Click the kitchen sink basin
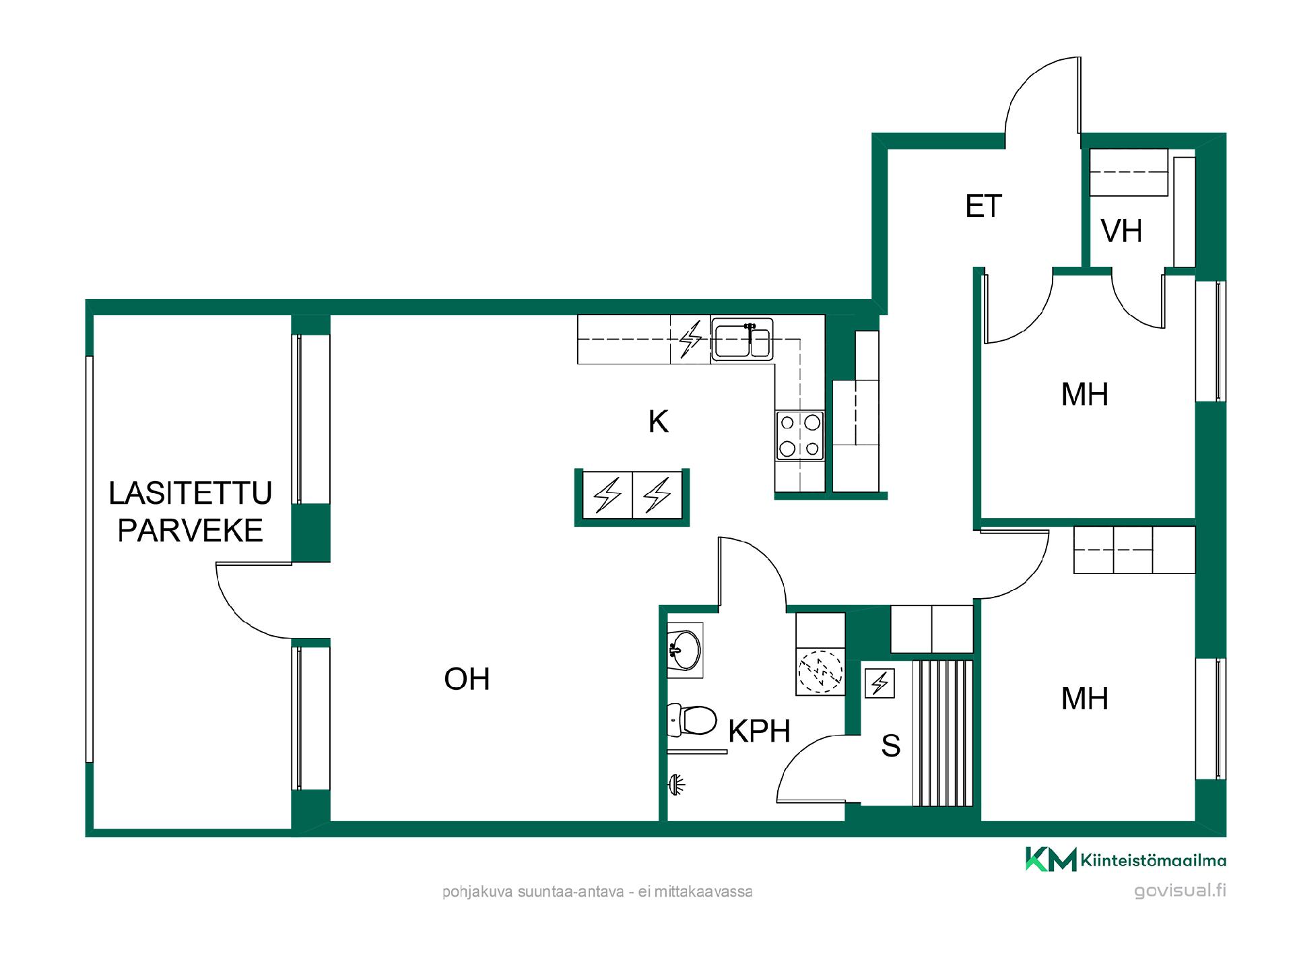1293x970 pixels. click(742, 339)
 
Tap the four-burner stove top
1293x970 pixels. click(800, 436)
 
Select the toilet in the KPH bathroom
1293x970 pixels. click(692, 720)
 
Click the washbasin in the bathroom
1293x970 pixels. click(684, 650)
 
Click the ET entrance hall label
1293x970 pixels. click(983, 206)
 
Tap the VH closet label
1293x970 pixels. click(1121, 231)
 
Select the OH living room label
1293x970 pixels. click(467, 679)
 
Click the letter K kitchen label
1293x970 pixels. click(658, 422)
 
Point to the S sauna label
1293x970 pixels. click(890, 746)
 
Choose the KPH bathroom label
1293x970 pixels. click(759, 731)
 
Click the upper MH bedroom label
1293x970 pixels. click(1084, 394)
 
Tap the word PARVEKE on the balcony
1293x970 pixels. click(190, 531)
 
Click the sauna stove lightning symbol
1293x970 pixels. click(880, 683)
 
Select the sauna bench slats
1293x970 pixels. click(943, 733)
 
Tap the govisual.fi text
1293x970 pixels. click(1180, 891)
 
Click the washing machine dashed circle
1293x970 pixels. click(820, 672)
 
